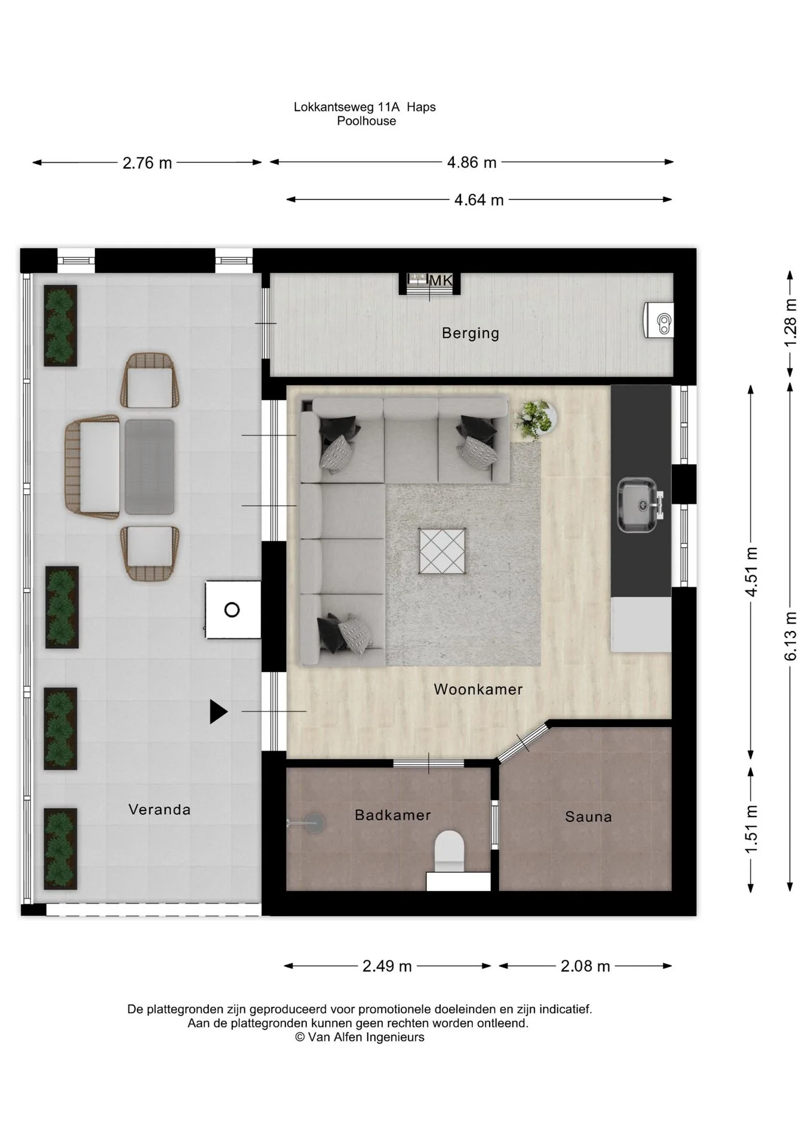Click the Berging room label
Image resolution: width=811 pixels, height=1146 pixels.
(x=471, y=333)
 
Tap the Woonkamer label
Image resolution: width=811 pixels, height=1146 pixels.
(x=478, y=689)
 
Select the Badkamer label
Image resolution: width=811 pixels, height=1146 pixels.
(x=393, y=815)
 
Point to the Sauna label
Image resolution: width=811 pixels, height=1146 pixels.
(x=589, y=817)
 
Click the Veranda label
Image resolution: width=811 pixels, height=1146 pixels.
(x=159, y=809)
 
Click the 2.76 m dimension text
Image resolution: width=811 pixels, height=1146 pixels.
(x=147, y=163)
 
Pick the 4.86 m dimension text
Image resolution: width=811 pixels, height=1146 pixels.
(x=472, y=162)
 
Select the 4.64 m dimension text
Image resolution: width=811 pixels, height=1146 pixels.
(x=479, y=200)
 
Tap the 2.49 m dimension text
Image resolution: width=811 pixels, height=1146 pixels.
(x=387, y=966)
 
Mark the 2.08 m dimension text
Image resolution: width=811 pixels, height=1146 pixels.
(x=585, y=966)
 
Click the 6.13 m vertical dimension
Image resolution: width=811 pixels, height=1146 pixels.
(x=790, y=636)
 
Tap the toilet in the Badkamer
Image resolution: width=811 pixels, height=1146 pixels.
(x=450, y=851)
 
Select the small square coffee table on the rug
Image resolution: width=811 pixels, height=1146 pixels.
(x=442, y=551)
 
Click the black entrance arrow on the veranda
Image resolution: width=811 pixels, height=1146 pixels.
(x=218, y=711)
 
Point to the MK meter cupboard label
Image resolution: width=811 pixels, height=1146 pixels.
(x=441, y=281)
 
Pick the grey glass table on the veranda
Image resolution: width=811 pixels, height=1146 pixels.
(x=149, y=467)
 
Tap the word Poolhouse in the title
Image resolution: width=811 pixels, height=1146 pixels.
(x=366, y=121)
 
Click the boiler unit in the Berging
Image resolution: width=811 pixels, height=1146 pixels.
(x=659, y=321)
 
